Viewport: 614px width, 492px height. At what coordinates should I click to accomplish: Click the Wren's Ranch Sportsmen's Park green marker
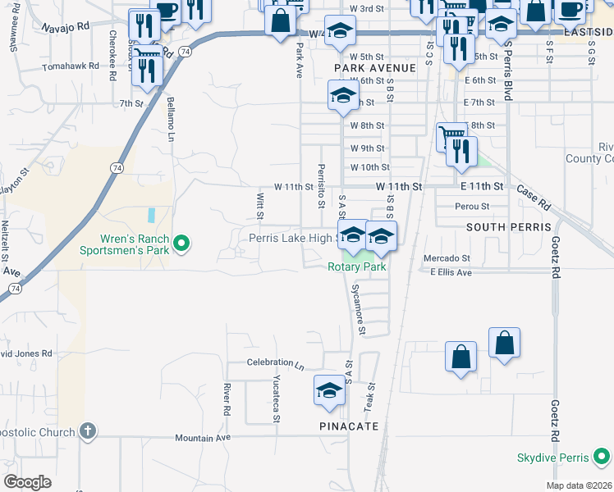tap(183, 244)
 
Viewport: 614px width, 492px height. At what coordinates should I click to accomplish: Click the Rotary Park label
tap(356, 266)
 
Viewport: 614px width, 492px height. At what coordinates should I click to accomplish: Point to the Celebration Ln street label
tap(276, 362)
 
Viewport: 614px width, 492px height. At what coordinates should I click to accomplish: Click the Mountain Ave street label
tap(202, 438)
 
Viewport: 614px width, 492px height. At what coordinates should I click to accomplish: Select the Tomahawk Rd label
tap(71, 65)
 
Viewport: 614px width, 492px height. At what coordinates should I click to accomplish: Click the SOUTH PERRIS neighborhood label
tap(501, 225)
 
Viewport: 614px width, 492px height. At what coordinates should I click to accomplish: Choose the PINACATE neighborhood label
tap(349, 426)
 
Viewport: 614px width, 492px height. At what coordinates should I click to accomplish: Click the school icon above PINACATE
tap(329, 389)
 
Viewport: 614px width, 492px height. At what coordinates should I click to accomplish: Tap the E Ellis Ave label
tap(451, 272)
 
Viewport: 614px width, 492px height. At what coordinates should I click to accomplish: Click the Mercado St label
tap(446, 258)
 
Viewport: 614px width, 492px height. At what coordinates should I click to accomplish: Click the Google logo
tap(27, 482)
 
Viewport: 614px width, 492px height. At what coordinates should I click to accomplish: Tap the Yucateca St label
tap(277, 399)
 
